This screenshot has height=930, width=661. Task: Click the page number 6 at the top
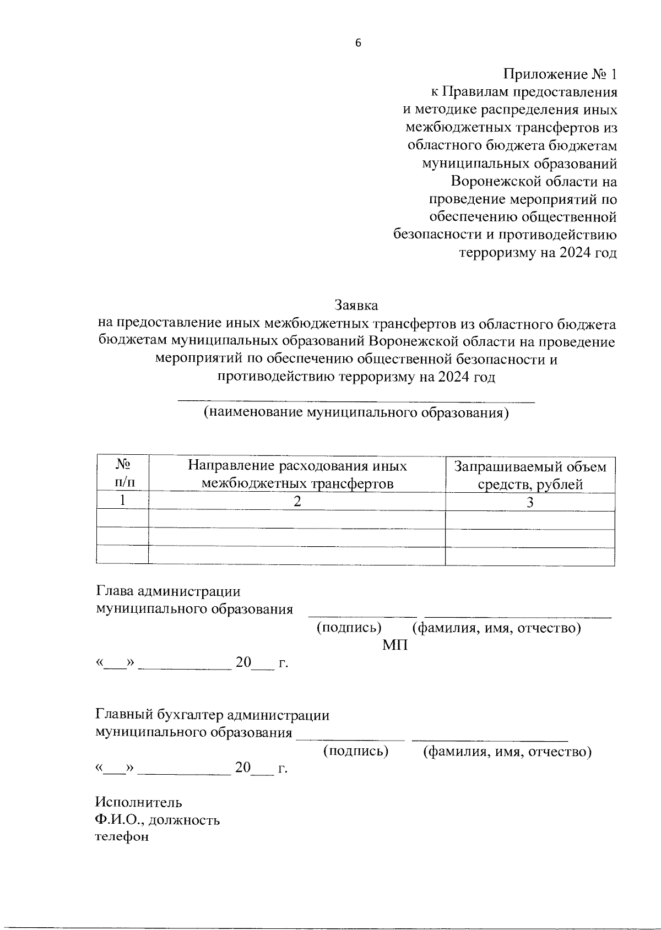point(357,44)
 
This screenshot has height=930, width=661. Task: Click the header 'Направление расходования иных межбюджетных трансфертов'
point(297,475)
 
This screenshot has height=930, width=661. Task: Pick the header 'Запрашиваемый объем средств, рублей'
point(530,475)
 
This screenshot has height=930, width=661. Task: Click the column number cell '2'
point(297,502)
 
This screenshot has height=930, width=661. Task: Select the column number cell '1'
point(123,501)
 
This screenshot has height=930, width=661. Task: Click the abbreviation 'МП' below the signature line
point(395,645)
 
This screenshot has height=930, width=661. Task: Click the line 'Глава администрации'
point(169,591)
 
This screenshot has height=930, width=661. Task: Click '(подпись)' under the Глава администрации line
point(349,628)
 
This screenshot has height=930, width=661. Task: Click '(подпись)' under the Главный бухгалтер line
point(356,750)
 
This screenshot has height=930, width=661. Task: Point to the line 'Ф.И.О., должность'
point(158,820)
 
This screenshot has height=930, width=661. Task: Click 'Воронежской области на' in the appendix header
point(534,181)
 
